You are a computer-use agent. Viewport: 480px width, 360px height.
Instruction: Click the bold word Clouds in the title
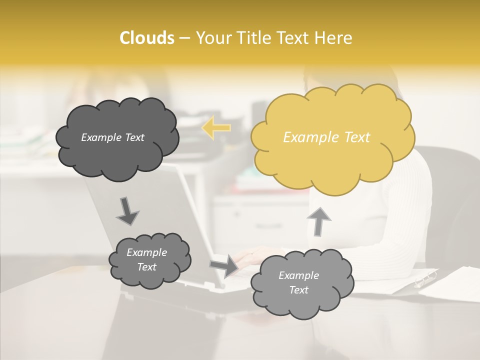tap(146, 38)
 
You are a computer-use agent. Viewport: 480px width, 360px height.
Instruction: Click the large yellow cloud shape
tap(332, 137)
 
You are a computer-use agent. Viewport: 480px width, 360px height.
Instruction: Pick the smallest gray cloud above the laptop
tap(149, 260)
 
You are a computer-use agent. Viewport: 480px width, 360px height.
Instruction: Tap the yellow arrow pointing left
tap(216, 128)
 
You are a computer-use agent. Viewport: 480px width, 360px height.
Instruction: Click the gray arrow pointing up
tap(318, 221)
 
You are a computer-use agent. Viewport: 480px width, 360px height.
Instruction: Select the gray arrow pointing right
tap(224, 265)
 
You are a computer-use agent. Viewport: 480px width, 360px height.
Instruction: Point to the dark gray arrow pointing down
tap(127, 211)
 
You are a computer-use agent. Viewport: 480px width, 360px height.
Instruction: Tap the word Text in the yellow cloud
tap(357, 137)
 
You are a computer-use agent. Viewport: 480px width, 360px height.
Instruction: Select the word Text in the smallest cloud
tap(146, 267)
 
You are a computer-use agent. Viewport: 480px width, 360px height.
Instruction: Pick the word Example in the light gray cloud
tap(298, 275)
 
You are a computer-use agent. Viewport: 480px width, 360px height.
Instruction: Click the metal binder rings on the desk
tap(425, 278)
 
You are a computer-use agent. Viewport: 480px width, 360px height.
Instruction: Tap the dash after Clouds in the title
tap(184, 38)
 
